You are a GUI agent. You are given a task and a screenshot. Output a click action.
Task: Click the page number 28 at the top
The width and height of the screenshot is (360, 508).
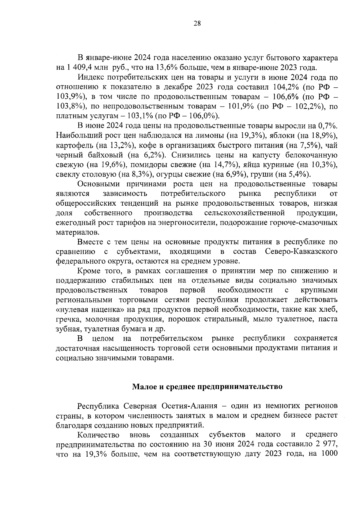(197, 24)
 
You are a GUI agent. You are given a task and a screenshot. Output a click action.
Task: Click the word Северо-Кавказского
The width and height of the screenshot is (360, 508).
(301, 252)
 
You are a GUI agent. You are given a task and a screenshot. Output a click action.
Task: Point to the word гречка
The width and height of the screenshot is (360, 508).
(66, 319)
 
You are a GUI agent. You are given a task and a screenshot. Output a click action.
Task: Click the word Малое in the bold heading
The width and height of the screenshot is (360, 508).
(143, 386)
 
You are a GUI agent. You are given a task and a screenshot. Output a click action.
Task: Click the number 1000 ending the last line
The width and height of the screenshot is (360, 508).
(329, 454)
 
